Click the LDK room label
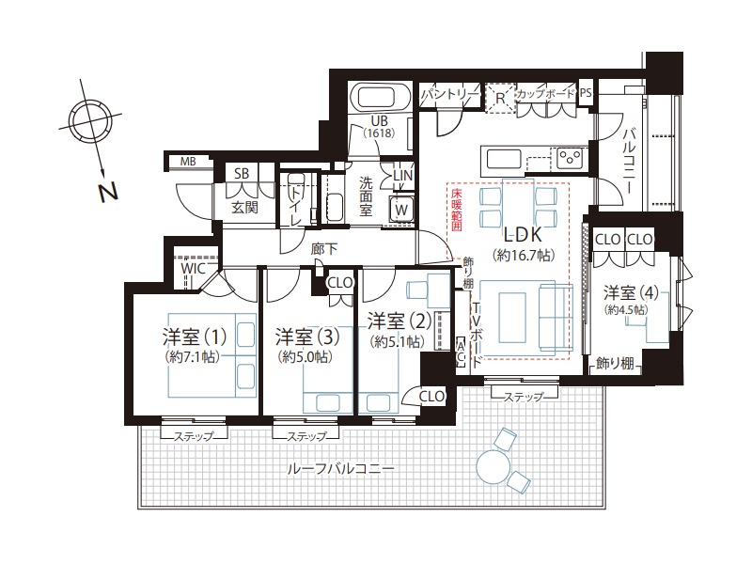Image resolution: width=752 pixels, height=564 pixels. coord(523,234)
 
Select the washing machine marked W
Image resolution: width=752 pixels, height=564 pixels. coord(402,209)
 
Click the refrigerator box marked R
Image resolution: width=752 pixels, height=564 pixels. coord(500,99)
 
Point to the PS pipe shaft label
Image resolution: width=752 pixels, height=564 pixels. coord(586,92)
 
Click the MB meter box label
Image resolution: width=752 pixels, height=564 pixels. coord(188,162)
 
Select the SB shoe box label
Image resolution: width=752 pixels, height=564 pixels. coord(242,174)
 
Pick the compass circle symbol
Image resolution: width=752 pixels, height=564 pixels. coord(89,117)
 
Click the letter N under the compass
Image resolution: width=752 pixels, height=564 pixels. coord(108,192)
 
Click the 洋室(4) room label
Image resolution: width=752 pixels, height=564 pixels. coord(630,292)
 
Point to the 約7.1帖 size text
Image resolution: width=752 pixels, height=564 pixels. coord(192,357)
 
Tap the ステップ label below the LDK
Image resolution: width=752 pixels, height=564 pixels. coord(525,397)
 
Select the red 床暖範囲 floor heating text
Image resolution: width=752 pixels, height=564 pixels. coord(456,211)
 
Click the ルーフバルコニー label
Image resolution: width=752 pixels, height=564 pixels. coord(340,468)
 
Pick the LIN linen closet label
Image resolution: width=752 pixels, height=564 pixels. coord(403,176)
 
